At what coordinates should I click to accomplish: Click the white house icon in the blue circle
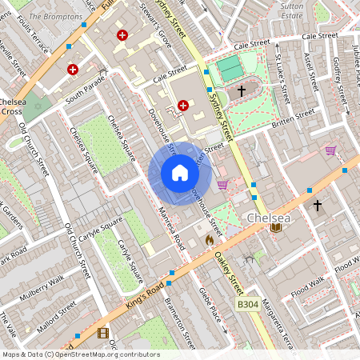tap(179, 173)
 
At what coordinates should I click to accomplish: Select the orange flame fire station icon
tap(210, 238)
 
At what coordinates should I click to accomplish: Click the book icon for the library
tap(276, 228)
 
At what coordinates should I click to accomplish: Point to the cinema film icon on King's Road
tap(102, 332)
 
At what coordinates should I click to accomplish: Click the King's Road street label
tap(146, 294)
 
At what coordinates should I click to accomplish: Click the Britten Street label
tap(294, 116)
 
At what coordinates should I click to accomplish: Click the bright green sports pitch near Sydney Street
tap(229, 67)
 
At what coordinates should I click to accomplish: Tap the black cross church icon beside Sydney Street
tap(241, 91)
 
